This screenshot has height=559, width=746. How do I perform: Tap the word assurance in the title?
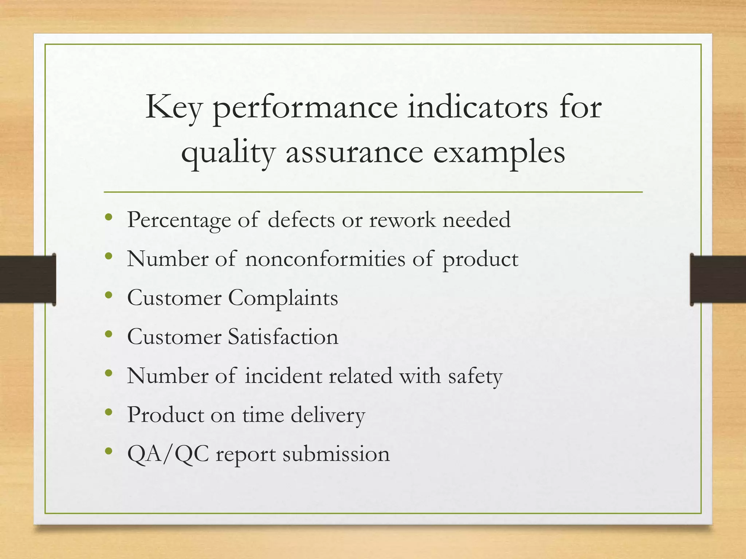[354, 153]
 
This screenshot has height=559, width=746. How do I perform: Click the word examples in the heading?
[499, 153]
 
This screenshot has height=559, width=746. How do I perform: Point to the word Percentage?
[179, 221]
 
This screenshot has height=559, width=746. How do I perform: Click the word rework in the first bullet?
[402, 220]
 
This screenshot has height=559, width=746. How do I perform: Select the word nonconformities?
[325, 259]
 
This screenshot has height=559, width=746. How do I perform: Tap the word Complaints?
[283, 298]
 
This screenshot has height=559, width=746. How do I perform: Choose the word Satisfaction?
[283, 337]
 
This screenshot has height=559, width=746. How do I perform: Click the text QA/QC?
[168, 454]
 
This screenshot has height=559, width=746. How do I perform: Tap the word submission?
[336, 454]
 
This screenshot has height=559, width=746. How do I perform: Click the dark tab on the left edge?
[28, 279]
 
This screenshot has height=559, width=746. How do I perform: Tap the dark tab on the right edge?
[718, 279]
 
